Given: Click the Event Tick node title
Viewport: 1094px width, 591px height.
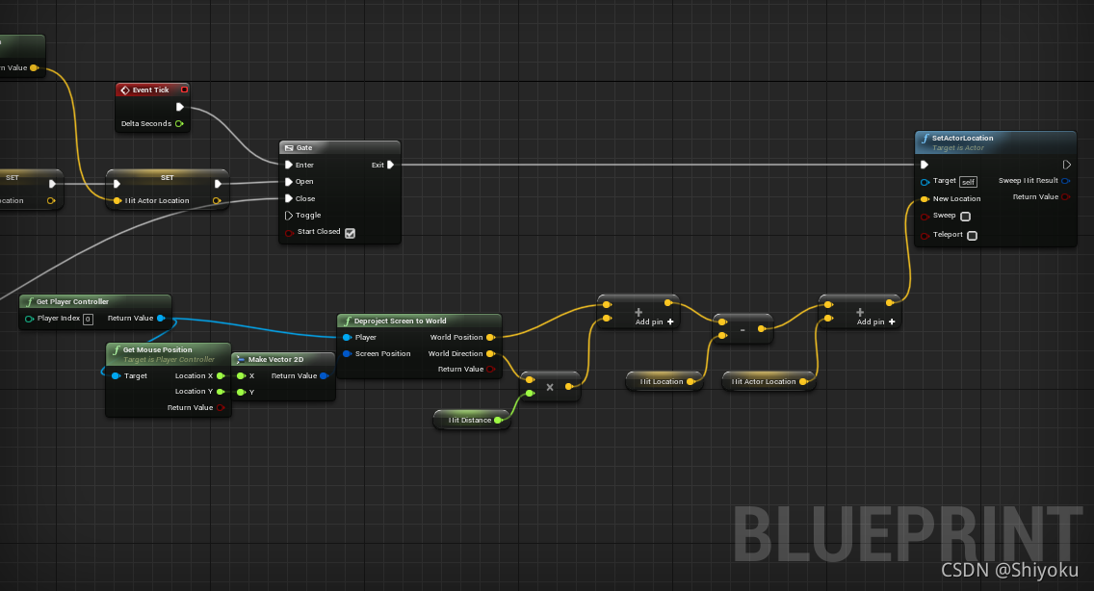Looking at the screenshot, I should click(150, 90).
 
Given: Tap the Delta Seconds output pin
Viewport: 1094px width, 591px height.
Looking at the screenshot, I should click(179, 123).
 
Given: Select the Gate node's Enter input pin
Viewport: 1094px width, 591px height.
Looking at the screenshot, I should click(289, 165).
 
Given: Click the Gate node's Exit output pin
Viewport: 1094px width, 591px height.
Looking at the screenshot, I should click(390, 165).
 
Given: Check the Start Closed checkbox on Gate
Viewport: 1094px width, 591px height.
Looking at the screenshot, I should click(350, 232).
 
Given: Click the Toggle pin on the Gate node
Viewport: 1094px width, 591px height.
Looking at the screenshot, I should click(289, 215).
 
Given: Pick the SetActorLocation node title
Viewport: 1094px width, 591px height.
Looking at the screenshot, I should click(962, 138).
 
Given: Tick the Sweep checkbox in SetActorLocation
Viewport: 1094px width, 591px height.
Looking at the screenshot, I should click(965, 217).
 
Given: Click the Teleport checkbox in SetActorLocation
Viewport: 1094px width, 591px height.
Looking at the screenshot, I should click(972, 235).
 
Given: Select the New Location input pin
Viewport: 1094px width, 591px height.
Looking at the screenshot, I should click(925, 198).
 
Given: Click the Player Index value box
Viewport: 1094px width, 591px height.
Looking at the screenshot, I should click(88, 319).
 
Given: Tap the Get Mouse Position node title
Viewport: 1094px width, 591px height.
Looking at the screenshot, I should click(157, 349).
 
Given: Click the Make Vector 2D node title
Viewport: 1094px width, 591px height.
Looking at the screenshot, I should click(275, 359).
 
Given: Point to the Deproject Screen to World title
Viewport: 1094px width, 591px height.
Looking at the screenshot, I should click(400, 321).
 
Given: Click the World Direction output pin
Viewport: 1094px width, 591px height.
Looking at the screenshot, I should click(490, 353).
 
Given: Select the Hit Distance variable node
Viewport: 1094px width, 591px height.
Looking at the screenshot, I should click(469, 420).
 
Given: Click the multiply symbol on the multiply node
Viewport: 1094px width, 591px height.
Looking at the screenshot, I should click(550, 387).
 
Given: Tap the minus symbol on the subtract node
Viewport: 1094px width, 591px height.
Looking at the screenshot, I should click(742, 329).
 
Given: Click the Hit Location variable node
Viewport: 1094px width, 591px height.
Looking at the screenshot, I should click(662, 381).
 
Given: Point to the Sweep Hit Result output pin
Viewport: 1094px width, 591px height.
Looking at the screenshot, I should click(1065, 180).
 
